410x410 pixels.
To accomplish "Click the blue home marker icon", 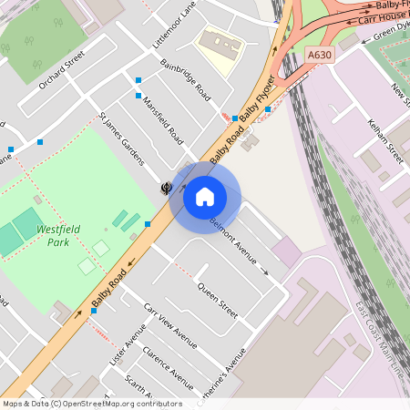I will coord(205,196).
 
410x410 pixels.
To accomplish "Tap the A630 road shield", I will coord(319,56).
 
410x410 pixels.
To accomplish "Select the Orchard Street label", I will coord(61,69).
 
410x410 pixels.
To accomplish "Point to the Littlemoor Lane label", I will coord(175,25).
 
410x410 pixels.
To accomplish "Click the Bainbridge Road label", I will coord(186,82).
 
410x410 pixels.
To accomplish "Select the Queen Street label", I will coord(218,300).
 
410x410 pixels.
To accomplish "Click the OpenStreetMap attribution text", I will coord(91,403).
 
